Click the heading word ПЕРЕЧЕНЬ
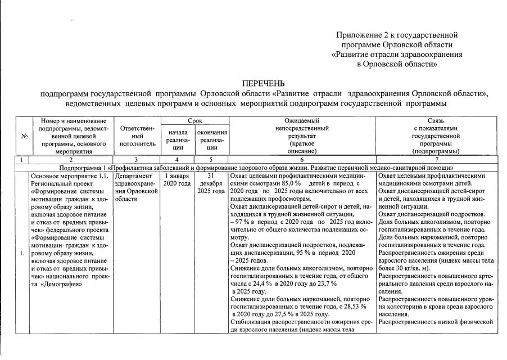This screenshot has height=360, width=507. click(x=264, y=84)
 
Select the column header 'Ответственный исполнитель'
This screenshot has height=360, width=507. click(x=137, y=136)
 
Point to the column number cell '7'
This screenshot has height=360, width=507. click(x=435, y=160)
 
